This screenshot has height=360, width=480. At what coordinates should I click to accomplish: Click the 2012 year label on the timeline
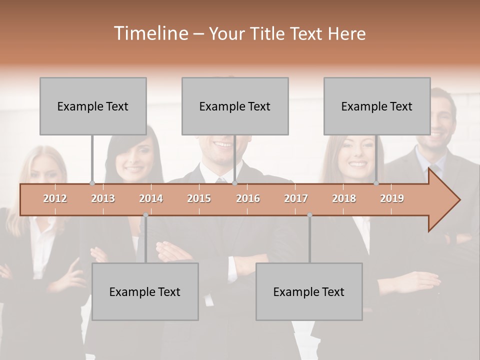pos(55,198)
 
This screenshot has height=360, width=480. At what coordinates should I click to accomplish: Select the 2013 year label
pos(103,198)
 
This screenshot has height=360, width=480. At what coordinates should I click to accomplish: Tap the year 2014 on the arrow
pos(151,198)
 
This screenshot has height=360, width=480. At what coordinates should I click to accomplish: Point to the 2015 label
pos(199,198)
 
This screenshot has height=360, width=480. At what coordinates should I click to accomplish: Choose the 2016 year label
pos(248,198)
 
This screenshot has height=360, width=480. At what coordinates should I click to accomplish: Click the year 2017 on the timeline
pos(296,198)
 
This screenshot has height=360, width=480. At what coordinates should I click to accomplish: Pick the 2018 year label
pos(344,198)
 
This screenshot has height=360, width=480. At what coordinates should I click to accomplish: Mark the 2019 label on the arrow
pos(392,198)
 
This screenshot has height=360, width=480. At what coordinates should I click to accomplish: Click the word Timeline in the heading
pos(149,33)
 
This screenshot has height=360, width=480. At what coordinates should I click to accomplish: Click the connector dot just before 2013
pos(92,183)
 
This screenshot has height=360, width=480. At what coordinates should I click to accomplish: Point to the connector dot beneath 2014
pos(145,215)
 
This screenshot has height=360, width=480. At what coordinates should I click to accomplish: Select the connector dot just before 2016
pos(234,183)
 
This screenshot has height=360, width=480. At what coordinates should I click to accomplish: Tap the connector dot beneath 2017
pos(309,215)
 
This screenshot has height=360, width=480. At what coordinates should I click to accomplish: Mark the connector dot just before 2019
pos(376,183)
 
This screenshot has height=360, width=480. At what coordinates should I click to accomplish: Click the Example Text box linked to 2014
pos(145,291)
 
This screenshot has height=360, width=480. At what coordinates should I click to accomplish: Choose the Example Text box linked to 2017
pos(309,291)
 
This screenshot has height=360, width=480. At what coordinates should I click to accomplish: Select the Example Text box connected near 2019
pos(377,106)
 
